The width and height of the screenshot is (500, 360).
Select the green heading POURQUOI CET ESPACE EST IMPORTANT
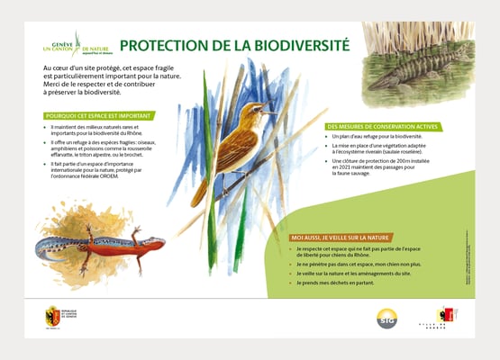pos(98,115)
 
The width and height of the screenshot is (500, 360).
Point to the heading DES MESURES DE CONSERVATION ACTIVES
pos(382,127)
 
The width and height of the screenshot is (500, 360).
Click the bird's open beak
pos(270,112)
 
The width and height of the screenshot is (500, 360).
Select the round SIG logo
pos(386,318)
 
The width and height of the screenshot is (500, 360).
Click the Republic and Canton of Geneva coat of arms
pos(53,316)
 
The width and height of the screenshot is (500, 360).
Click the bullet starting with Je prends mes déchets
pos(334,283)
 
